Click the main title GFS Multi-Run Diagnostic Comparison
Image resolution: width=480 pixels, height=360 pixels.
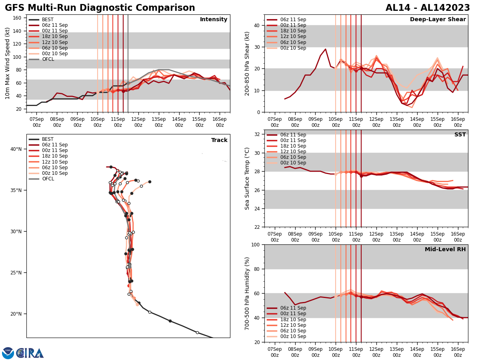click(x=100, y=8)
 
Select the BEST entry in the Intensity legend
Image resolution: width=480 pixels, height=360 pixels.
click(x=48, y=20)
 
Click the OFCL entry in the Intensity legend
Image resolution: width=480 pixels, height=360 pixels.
click(x=48, y=59)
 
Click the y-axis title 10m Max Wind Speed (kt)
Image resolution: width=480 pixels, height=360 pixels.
click(x=8, y=63)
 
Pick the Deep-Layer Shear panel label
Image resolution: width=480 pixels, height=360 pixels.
click(x=438, y=20)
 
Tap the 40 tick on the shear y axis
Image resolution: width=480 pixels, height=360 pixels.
click(x=256, y=25)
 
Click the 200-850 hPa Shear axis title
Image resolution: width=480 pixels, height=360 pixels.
click(x=247, y=63)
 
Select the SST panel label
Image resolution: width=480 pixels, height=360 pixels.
click(x=460, y=135)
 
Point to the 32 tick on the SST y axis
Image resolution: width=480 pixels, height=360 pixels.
click(x=256, y=134)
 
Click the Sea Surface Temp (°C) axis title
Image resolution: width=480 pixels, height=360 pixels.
click(x=247, y=178)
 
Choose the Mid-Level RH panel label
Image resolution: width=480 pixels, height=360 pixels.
click(x=445, y=250)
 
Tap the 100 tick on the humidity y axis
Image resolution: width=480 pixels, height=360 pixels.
click(x=254, y=244)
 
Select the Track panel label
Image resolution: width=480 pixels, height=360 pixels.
click(x=219, y=140)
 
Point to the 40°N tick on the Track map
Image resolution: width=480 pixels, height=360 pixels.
click(x=16, y=149)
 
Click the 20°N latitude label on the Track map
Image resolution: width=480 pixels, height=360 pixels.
click(x=16, y=314)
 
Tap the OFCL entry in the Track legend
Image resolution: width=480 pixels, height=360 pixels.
click(x=48, y=179)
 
